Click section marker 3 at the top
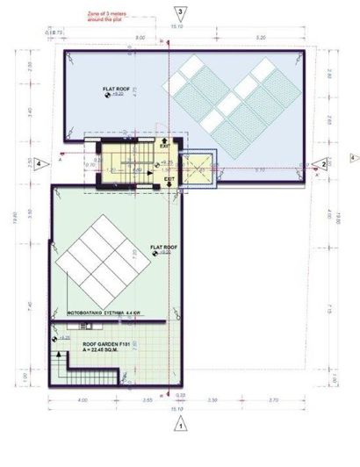click(180, 12)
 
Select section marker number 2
click(322, 164)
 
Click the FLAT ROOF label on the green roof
click(164, 248)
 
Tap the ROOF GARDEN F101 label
click(104, 346)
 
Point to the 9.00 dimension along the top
click(140, 39)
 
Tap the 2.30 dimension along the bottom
click(213, 399)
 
